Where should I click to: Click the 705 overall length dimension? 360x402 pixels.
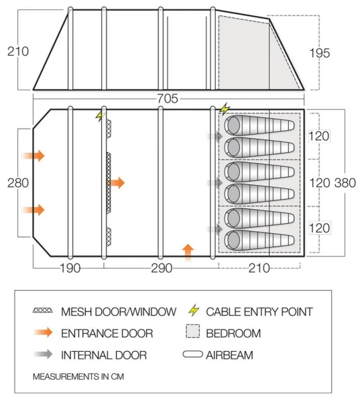(x=168, y=98)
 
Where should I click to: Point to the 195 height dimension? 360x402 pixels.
(x=320, y=54)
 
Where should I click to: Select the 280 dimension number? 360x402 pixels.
(x=16, y=183)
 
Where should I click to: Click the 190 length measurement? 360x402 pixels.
(x=69, y=269)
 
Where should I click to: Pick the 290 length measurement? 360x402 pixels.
(x=161, y=269)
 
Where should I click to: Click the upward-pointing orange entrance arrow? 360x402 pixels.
(x=188, y=251)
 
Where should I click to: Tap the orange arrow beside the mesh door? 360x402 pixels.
(x=117, y=182)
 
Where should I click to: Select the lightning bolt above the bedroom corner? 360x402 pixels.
(x=225, y=109)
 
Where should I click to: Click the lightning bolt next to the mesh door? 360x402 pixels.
(x=101, y=115)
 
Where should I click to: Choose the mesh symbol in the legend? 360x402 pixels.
(x=44, y=312)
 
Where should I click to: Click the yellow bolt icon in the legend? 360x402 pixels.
(x=194, y=311)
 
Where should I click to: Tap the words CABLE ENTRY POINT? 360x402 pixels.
(x=259, y=312)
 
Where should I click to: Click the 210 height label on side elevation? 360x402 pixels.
(x=16, y=51)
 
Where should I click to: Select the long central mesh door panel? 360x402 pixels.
(x=108, y=182)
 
